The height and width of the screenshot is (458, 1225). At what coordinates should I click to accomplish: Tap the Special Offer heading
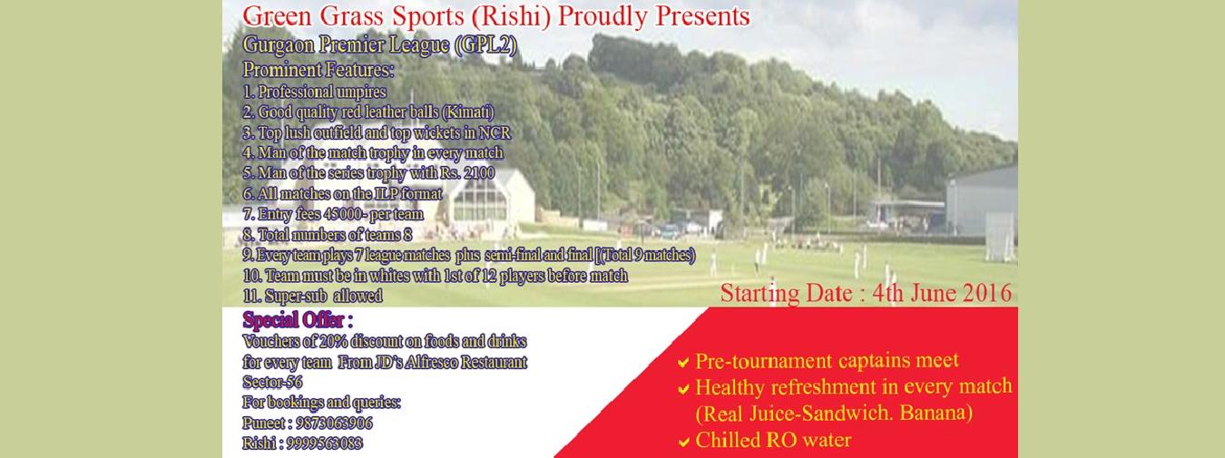[x=298, y=320]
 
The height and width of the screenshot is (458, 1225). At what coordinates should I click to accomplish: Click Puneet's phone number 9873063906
[x=334, y=423]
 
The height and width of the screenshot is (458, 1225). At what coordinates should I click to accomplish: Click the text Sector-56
[x=272, y=382]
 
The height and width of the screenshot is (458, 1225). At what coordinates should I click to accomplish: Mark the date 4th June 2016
[x=942, y=293]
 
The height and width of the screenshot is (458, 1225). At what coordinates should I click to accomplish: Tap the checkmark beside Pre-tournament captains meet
[x=683, y=363]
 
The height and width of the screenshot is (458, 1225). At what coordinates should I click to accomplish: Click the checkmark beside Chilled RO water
[x=683, y=441]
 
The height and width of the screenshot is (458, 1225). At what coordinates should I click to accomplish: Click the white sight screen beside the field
[x=1000, y=237]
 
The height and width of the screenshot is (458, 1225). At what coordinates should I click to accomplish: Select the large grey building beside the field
[x=982, y=201]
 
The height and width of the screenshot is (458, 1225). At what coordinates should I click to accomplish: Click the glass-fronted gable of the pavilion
[x=480, y=199]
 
